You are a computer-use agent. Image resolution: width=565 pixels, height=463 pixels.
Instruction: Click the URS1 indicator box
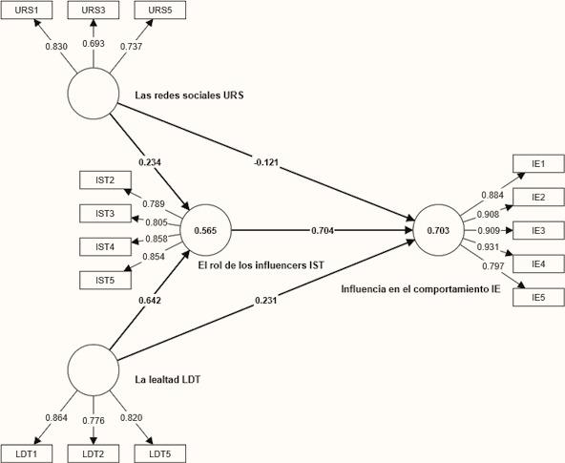[x=26, y=11]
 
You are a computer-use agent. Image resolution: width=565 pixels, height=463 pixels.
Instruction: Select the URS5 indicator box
[x=160, y=11]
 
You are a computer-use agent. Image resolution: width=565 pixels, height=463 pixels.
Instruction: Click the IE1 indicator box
[x=538, y=164]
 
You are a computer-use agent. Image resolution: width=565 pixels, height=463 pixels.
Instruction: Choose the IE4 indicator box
[x=538, y=263]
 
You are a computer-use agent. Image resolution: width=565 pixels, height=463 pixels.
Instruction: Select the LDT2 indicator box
[x=93, y=452]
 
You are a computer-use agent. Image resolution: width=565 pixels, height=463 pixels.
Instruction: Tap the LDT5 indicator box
[x=160, y=452]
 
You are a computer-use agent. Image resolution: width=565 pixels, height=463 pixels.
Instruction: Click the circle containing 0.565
[x=205, y=230]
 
